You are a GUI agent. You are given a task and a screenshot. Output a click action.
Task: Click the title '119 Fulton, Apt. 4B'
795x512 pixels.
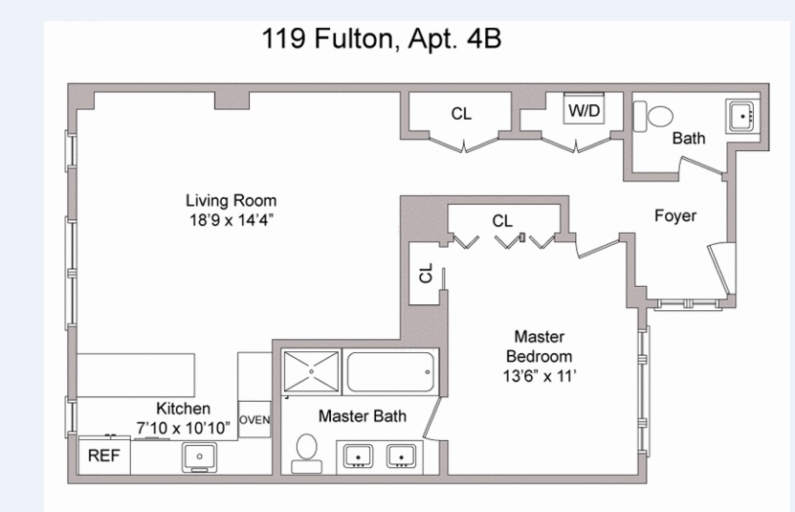pyautogui.click(x=382, y=38)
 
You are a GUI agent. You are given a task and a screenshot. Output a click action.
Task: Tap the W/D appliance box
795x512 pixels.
pyautogui.click(x=584, y=108)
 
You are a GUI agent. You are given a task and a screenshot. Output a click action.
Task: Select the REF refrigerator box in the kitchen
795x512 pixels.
pyautogui.click(x=104, y=456)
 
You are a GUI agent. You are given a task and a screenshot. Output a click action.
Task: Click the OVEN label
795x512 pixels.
pyautogui.click(x=254, y=419)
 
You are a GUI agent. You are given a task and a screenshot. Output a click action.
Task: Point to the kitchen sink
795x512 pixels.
pyautogui.click(x=199, y=457)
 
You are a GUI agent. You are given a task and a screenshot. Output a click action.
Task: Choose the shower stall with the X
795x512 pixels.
pyautogui.click(x=311, y=371)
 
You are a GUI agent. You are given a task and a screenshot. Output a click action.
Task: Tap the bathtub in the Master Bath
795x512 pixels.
pyautogui.click(x=390, y=372)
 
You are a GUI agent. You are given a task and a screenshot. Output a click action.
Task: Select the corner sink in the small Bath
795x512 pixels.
pyautogui.click(x=742, y=116)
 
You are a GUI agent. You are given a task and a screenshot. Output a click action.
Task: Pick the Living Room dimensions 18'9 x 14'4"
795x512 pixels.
pyautogui.click(x=232, y=220)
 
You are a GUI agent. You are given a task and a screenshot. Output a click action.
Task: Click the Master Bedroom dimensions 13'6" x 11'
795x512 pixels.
pyautogui.click(x=540, y=376)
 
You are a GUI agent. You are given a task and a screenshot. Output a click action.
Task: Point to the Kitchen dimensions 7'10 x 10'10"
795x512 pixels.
pyautogui.click(x=183, y=428)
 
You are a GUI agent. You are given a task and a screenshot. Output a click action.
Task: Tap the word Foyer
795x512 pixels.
pyautogui.click(x=675, y=215)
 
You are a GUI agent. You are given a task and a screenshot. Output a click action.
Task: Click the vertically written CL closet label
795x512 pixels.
pyautogui.click(x=426, y=273)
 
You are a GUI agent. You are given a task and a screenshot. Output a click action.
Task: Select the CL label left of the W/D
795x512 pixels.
pyautogui.click(x=461, y=114)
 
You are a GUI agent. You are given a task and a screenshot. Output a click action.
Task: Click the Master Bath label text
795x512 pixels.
pyautogui.click(x=363, y=416)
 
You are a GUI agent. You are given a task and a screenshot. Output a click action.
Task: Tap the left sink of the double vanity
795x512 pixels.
pyautogui.click(x=359, y=456)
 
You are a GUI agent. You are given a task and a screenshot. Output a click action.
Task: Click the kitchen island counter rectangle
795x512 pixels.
pyautogui.click(x=136, y=375)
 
